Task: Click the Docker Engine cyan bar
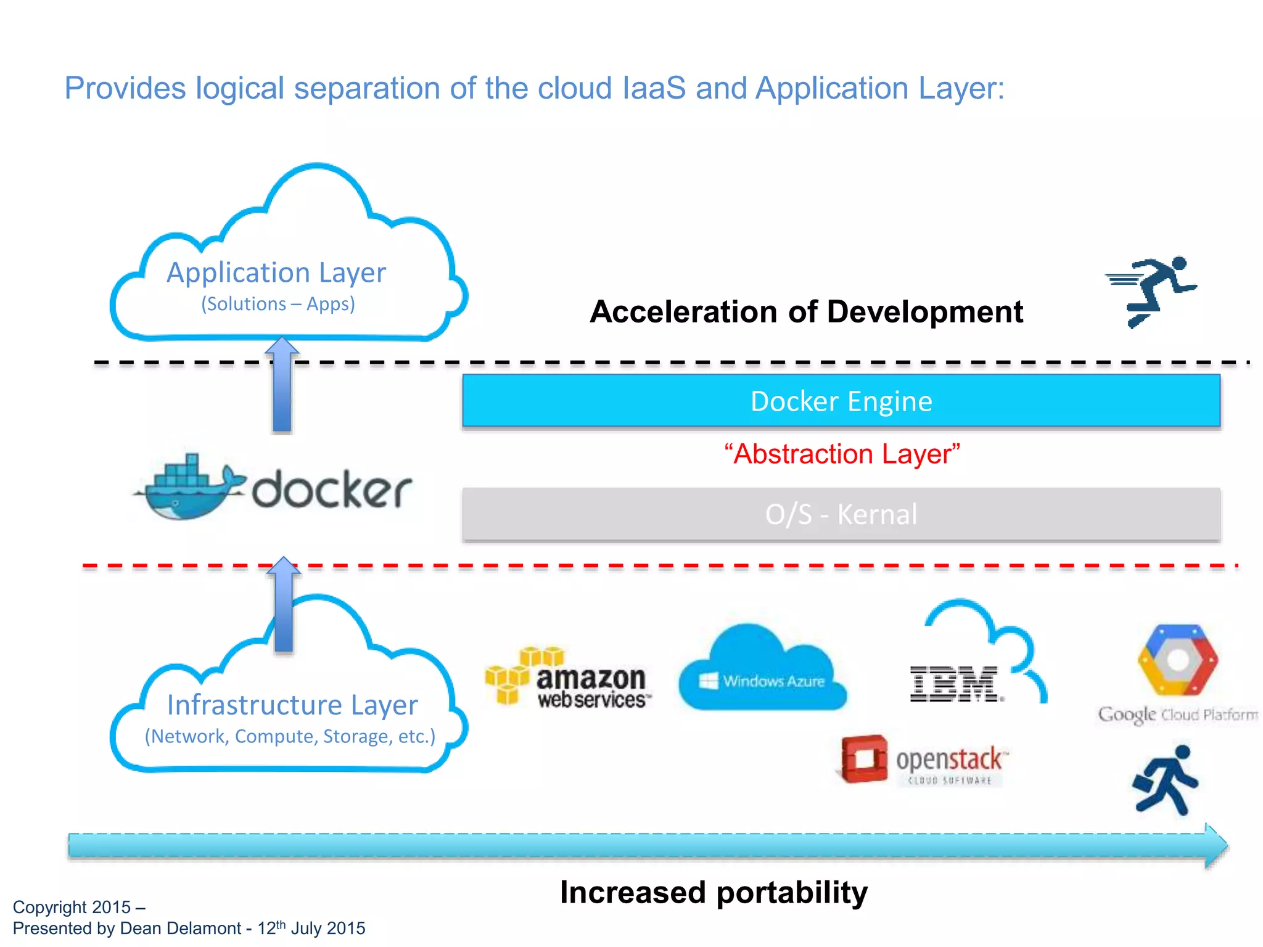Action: click(x=841, y=401)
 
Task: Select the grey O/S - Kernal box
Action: click(x=841, y=514)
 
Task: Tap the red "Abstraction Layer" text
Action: click(x=842, y=454)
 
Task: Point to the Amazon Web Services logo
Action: click(x=567, y=678)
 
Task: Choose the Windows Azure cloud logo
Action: click(x=762, y=672)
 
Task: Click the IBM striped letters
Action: click(x=955, y=684)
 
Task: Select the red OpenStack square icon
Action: click(x=864, y=759)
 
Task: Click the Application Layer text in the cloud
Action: click(x=276, y=273)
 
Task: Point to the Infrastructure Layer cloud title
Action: click(x=292, y=705)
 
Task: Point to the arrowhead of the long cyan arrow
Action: click(x=1215, y=846)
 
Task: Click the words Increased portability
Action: click(x=714, y=892)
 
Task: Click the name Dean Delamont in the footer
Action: click(x=180, y=929)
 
